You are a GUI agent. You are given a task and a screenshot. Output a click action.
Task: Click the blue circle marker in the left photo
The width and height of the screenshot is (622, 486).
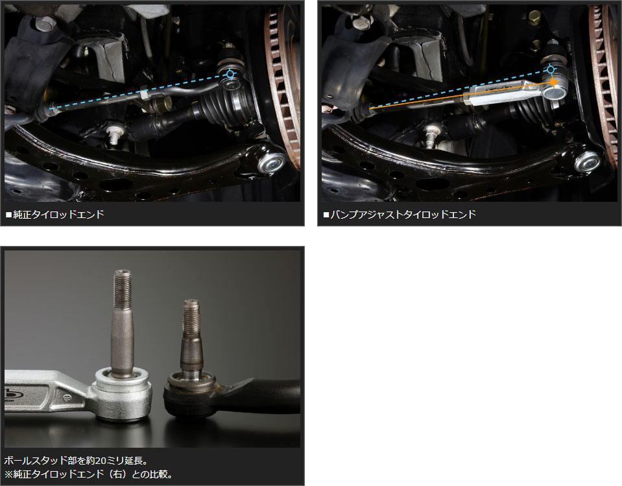click(230, 74)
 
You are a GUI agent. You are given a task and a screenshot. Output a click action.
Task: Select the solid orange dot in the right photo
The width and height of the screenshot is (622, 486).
click(553, 82)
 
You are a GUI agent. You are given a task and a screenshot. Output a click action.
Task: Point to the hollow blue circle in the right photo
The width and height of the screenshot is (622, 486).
click(550, 70)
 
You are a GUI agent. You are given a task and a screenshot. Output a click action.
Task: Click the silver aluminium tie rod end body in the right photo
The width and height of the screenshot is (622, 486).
click(512, 91)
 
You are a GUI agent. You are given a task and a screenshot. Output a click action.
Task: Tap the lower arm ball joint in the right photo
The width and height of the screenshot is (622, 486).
click(588, 161)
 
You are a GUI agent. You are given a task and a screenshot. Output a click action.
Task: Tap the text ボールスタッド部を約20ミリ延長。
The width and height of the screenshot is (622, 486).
click(76, 461)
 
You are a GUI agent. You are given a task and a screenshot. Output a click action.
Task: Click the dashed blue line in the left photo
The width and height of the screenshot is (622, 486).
click(139, 91)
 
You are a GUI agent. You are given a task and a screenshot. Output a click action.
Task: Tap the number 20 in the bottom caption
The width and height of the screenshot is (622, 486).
click(101, 461)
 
